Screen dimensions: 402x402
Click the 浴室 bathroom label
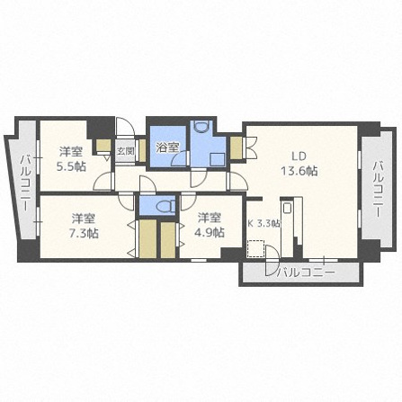(168, 147)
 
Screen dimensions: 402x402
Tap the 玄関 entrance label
(125, 151)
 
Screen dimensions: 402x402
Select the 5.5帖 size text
(71, 166)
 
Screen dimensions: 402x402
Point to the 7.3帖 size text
(84, 233)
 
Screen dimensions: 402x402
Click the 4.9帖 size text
(210, 232)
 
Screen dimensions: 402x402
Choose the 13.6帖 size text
(299, 171)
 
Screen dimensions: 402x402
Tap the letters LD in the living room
(299, 156)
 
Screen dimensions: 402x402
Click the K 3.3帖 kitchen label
(264, 223)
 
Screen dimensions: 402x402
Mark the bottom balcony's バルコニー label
(305, 272)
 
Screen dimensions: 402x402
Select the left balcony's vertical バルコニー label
(25, 183)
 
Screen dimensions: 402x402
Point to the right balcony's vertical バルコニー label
(378, 189)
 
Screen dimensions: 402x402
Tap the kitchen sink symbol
(287, 208)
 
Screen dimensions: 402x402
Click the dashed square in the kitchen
(255, 248)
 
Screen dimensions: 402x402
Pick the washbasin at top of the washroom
(201, 126)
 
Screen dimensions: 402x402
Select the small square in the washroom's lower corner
(217, 159)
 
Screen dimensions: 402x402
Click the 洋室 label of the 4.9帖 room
(210, 219)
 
